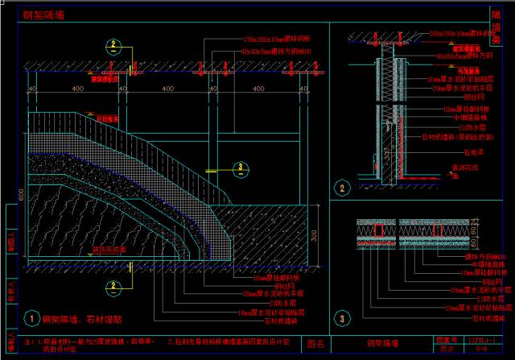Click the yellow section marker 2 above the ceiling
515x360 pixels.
(114, 44)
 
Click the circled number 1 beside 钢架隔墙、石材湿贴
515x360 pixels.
(31, 318)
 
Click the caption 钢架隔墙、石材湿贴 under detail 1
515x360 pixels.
(79, 318)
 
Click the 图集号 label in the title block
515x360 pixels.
(444, 339)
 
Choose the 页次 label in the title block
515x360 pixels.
(444, 349)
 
